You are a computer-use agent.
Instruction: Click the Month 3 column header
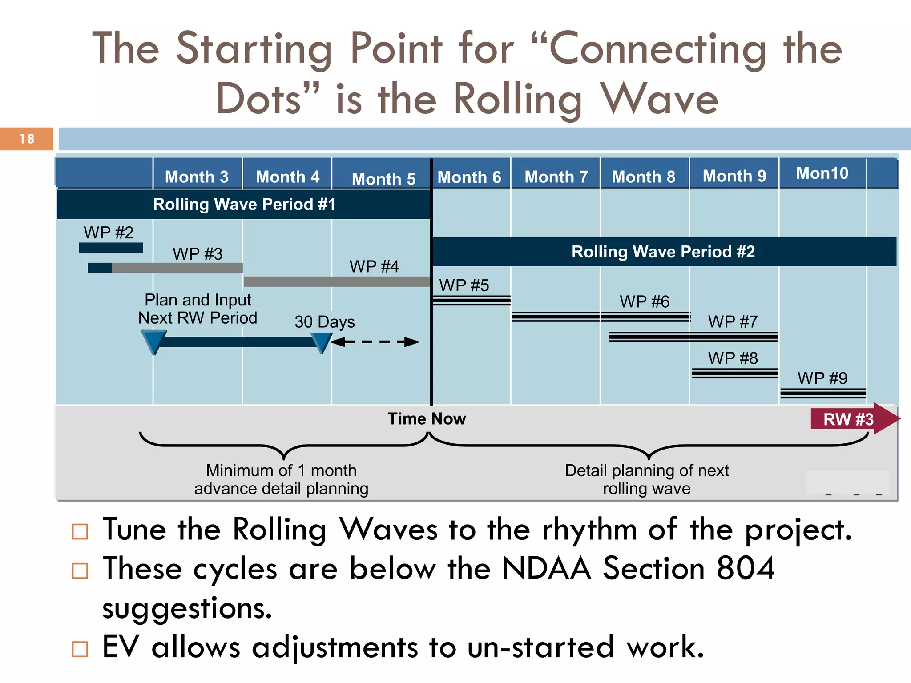tap(197, 177)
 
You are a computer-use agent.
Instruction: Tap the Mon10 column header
tap(822, 173)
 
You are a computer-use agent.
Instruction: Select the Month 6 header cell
tap(469, 177)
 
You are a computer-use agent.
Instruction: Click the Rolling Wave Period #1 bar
tap(244, 204)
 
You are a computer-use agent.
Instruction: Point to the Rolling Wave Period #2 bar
tap(663, 252)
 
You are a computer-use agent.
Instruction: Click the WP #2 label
tap(109, 233)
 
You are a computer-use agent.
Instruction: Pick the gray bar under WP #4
tap(337, 281)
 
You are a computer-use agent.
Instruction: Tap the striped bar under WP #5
tap(471, 301)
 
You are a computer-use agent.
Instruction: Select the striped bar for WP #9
tap(823, 393)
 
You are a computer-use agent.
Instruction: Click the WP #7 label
tap(733, 321)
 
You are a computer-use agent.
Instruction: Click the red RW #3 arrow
tap(852, 419)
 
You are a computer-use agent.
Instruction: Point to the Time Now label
tap(427, 419)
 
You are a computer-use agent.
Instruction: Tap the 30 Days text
tap(325, 321)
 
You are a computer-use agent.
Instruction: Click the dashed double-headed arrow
tap(375, 342)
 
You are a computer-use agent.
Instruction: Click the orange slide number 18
tap(27, 139)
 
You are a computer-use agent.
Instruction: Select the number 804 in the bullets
tap(746, 568)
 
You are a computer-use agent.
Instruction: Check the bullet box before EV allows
tap(80, 649)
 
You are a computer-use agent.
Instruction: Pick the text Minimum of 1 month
tap(281, 470)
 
